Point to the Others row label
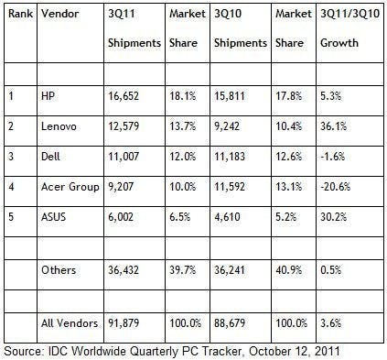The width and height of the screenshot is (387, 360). (x=60, y=272)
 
